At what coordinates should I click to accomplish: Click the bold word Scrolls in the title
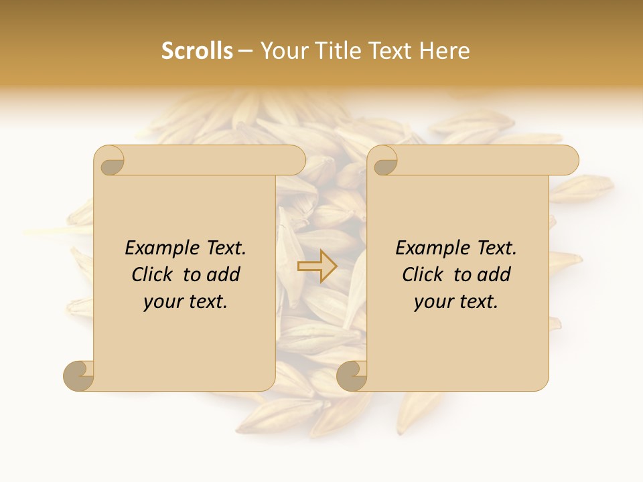tap(197, 51)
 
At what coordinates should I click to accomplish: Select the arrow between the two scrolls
tap(317, 266)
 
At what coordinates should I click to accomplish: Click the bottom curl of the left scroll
tap(79, 375)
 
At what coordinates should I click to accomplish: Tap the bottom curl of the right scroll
tap(352, 375)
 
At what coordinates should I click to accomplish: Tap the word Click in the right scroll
tap(423, 275)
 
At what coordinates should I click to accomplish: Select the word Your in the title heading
tap(281, 51)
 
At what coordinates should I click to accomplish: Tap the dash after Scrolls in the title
tap(245, 52)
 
